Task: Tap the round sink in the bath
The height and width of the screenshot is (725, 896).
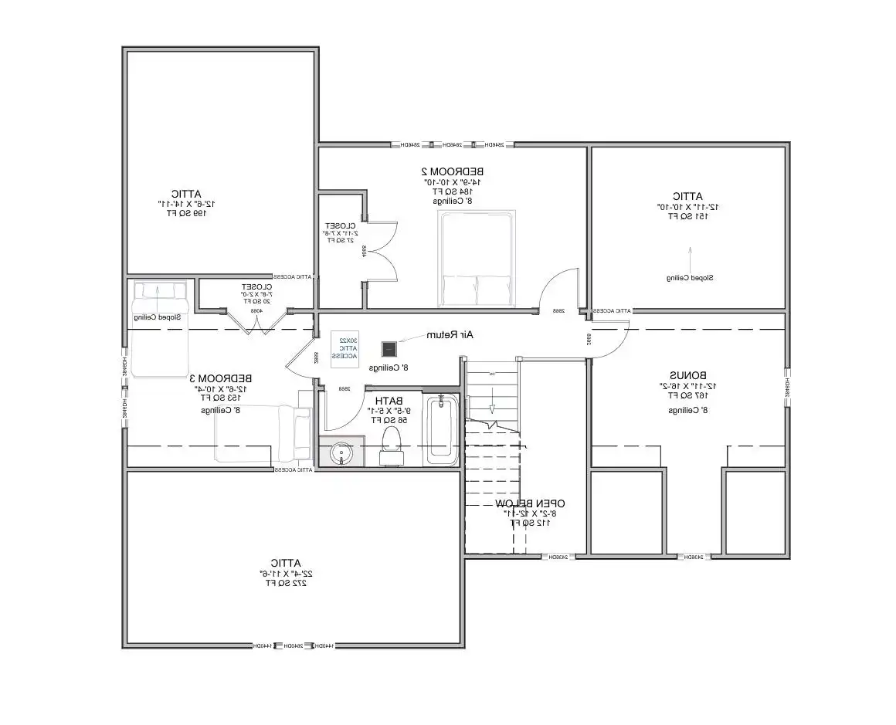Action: point(340,453)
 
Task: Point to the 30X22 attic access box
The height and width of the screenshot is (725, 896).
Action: point(346,347)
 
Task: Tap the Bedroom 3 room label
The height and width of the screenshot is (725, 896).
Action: point(220,378)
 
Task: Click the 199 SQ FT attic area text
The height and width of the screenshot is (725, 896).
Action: point(187,213)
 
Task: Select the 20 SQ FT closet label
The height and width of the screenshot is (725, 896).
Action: point(253,301)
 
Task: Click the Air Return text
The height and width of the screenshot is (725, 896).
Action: point(455,334)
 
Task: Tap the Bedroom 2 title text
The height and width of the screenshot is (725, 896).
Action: point(453,171)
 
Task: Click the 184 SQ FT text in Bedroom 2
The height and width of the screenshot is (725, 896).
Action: point(453,191)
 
